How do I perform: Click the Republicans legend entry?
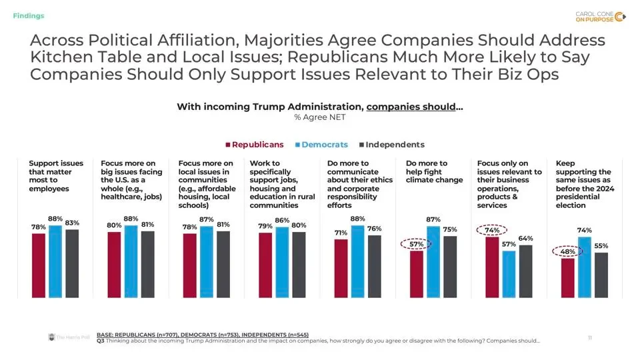254,145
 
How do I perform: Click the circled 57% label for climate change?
416,244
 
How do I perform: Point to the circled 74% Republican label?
492,230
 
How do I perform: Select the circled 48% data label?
568,252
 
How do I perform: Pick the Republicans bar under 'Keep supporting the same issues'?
568,277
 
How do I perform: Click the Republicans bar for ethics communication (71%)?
341,268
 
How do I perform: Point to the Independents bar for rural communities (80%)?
299,265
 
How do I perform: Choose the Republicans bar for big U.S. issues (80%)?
114,265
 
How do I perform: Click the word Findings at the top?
29,15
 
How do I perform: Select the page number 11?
589,338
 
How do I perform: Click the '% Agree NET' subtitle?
319,117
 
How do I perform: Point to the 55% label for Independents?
601,245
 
